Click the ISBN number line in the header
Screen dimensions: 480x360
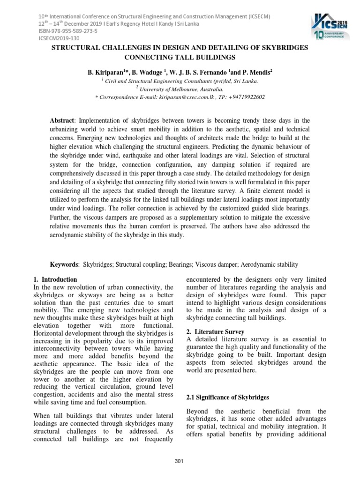point(67,32)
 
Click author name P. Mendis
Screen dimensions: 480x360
point(253,73)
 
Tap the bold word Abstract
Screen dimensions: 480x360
point(61,120)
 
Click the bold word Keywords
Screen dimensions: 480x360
point(64,264)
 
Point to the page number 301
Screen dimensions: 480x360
point(179,461)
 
